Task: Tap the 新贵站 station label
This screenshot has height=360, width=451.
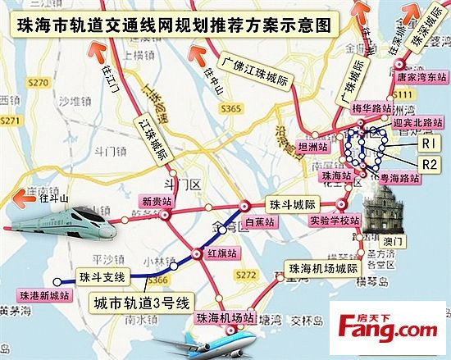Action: tap(157, 201)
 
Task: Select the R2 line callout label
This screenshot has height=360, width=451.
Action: tap(429, 164)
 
